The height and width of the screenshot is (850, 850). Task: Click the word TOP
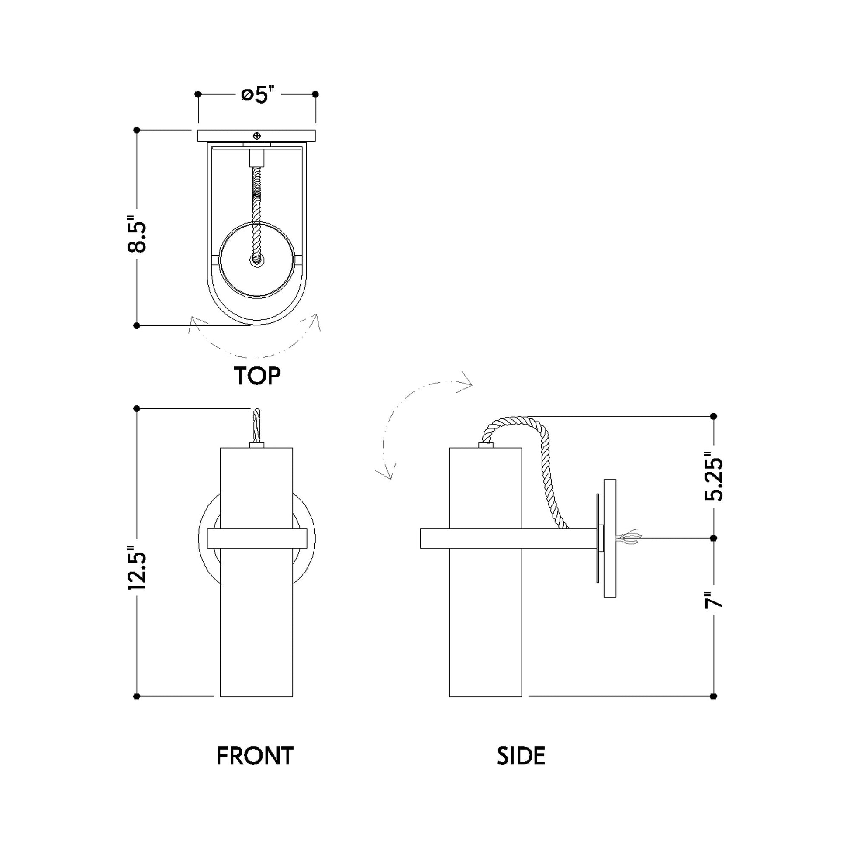[257, 376]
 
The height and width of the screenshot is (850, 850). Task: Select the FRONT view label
[255, 756]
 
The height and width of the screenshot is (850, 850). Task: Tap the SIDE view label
[521, 756]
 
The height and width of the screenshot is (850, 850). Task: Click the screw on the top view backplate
[256, 136]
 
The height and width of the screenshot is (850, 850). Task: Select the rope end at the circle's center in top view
[256, 260]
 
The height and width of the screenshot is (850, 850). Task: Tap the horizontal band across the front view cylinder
[256, 538]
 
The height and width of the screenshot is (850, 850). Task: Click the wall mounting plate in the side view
[610, 538]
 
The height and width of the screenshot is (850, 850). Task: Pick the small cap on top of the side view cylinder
[486, 445]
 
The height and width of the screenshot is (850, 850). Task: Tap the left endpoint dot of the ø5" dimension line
[198, 94]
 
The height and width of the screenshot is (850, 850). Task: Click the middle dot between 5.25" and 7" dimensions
[714, 538]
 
